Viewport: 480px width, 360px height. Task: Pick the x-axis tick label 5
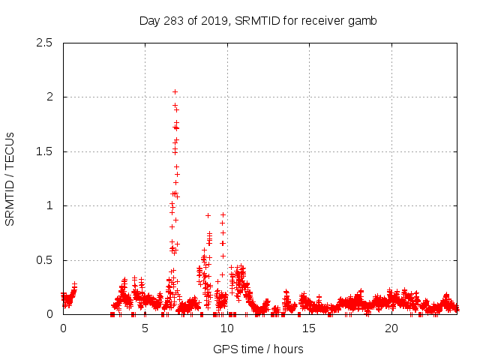tap(145, 328)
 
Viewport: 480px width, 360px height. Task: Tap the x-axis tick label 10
tap(227, 328)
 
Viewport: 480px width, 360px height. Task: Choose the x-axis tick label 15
tap(309, 328)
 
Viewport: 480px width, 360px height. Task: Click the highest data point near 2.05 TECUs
tap(175, 91)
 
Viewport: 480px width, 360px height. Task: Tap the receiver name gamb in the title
tap(361, 20)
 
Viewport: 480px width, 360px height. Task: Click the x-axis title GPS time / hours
tap(258, 349)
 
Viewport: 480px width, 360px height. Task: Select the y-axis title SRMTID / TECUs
tap(10, 178)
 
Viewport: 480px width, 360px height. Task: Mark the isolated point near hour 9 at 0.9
tap(208, 215)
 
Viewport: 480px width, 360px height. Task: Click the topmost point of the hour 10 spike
tap(223, 214)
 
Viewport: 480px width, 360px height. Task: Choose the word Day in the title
tap(149, 20)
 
